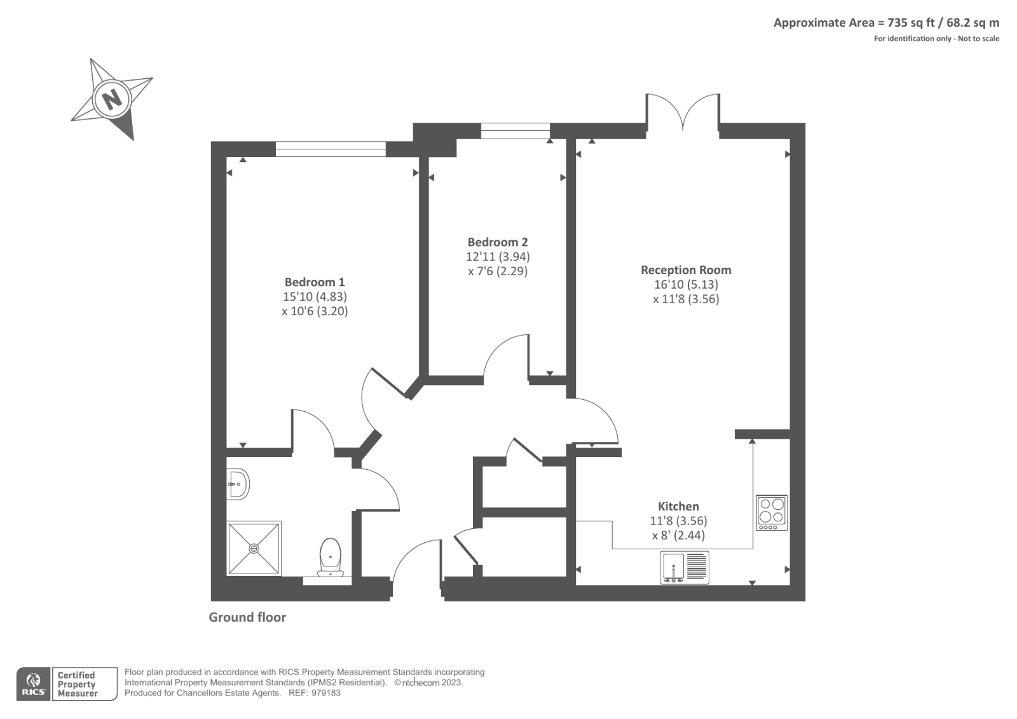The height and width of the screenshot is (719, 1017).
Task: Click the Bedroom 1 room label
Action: click(x=315, y=282)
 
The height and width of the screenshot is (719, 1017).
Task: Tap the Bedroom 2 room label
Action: click(x=498, y=242)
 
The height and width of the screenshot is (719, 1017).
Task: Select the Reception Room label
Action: click(x=686, y=270)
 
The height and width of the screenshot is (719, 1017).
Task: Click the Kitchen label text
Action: click(x=678, y=506)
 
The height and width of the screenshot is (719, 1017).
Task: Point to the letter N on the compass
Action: click(x=113, y=99)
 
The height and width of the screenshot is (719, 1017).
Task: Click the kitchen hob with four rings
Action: click(x=772, y=512)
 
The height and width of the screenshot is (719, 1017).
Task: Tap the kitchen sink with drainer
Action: click(x=685, y=567)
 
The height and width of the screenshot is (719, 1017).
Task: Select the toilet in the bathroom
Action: click(x=331, y=556)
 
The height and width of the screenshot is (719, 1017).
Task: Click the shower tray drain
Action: click(x=254, y=548)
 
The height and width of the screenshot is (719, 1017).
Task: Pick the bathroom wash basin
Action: click(x=238, y=484)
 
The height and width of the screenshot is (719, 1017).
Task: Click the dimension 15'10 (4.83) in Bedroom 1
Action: click(x=315, y=296)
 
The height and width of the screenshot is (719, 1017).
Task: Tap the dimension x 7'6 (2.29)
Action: click(x=498, y=271)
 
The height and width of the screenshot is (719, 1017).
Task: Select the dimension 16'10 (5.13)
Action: click(x=686, y=284)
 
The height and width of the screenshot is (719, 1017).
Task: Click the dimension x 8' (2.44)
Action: click(x=678, y=535)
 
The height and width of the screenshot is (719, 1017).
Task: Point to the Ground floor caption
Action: click(x=247, y=617)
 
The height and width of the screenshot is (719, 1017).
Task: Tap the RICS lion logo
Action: click(x=33, y=683)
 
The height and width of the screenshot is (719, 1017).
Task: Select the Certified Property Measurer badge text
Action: click(x=77, y=684)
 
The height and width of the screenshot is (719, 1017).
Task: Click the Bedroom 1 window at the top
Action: click(x=331, y=149)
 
